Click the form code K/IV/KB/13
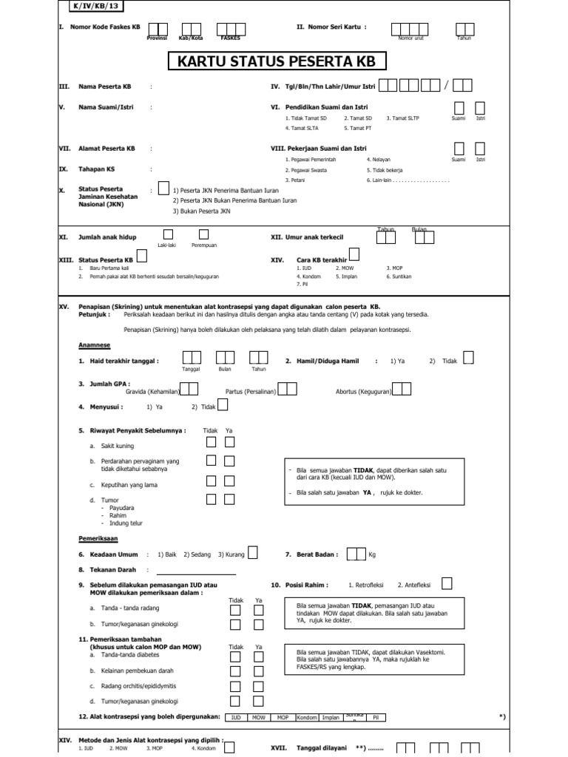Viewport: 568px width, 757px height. (x=88, y=6)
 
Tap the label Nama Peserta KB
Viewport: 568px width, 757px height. (x=106, y=86)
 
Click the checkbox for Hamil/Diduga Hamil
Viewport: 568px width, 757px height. (x=468, y=359)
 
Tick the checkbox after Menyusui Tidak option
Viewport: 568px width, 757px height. (x=223, y=404)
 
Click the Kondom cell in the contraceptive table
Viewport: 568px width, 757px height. (x=306, y=717)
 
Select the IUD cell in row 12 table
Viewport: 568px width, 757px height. (x=236, y=717)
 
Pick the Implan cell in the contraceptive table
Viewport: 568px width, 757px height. (x=331, y=717)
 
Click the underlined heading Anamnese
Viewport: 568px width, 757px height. (x=95, y=344)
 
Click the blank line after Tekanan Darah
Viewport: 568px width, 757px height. (x=196, y=570)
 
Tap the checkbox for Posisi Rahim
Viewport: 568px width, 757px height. (x=447, y=583)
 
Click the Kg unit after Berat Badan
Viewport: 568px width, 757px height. (x=372, y=554)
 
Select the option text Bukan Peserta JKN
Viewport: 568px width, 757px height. (x=202, y=211)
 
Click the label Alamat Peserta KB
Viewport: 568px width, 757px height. (x=106, y=149)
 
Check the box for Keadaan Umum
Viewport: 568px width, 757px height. (x=253, y=552)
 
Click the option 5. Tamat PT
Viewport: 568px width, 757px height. (x=356, y=128)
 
